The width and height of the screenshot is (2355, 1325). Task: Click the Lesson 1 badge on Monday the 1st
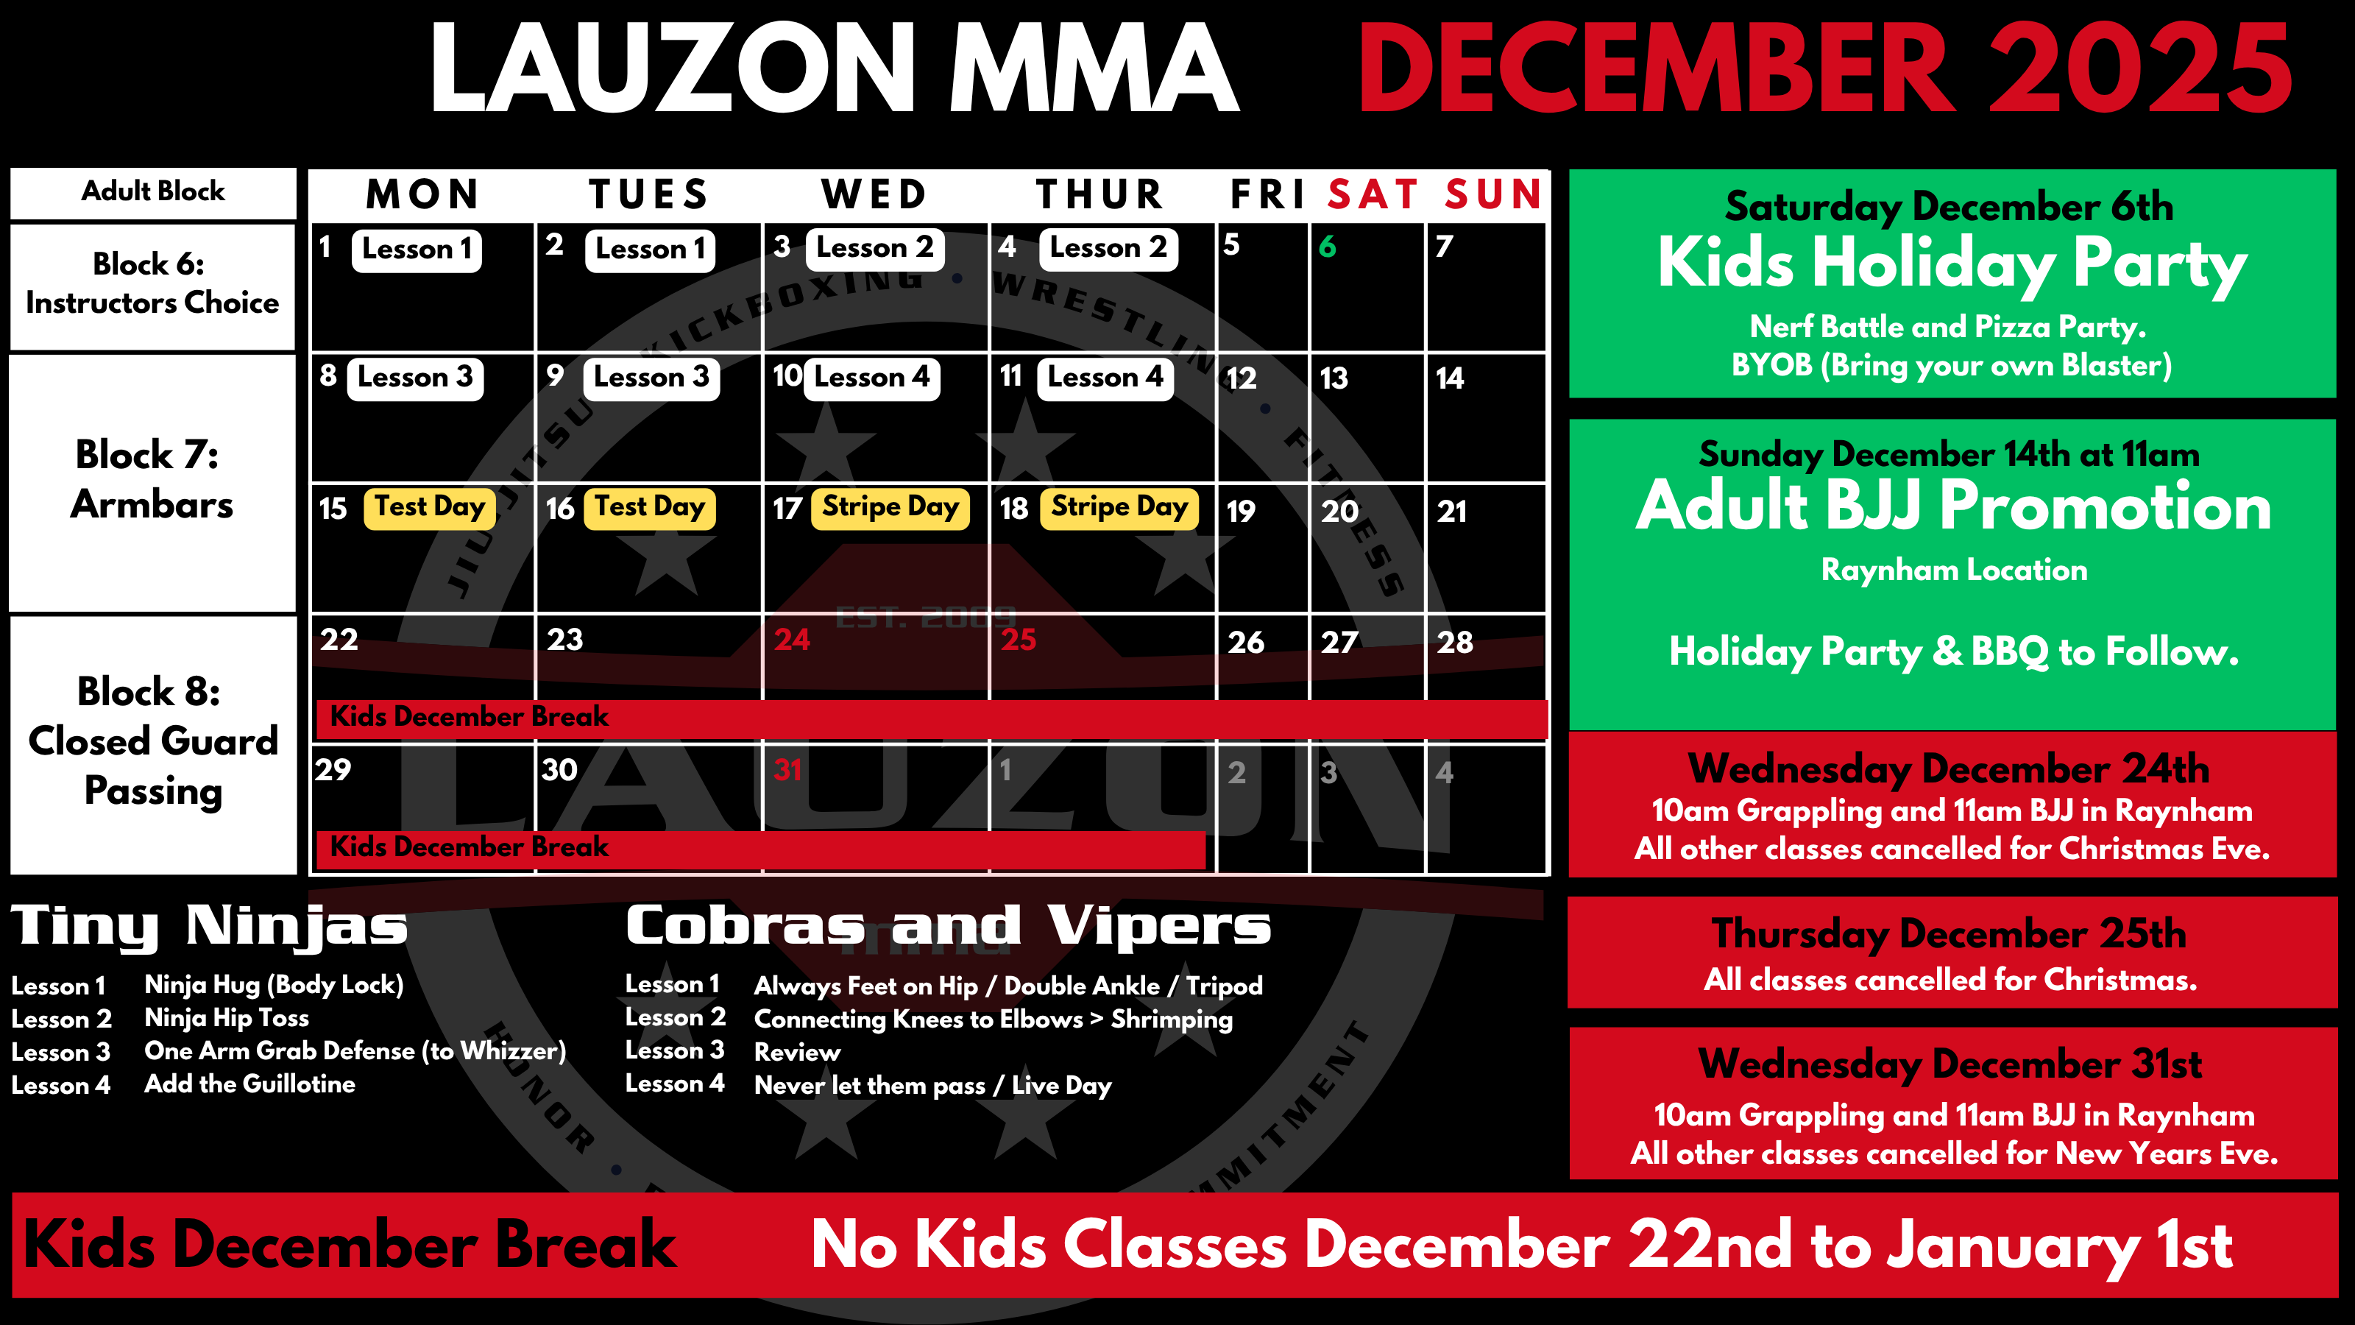[x=417, y=250]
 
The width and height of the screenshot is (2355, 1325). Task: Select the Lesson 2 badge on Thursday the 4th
[x=1108, y=248]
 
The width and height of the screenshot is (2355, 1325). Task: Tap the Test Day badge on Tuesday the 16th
[x=650, y=507]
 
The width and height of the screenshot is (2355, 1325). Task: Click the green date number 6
[x=1328, y=246]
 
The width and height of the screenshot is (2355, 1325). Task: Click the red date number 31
[x=787, y=770]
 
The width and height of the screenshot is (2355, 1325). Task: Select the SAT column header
[x=1373, y=195]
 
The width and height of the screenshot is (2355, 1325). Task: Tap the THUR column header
[x=1099, y=195]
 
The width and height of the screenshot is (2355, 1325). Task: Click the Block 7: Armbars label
[x=152, y=479]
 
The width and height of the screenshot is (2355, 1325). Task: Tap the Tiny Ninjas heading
[x=209, y=926]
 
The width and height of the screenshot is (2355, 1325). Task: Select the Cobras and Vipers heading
[x=948, y=925]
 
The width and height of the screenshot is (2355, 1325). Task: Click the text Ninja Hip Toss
[x=227, y=1018]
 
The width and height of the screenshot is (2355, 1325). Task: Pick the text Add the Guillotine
[x=249, y=1084]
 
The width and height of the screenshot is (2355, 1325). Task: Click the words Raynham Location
[x=1954, y=570]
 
